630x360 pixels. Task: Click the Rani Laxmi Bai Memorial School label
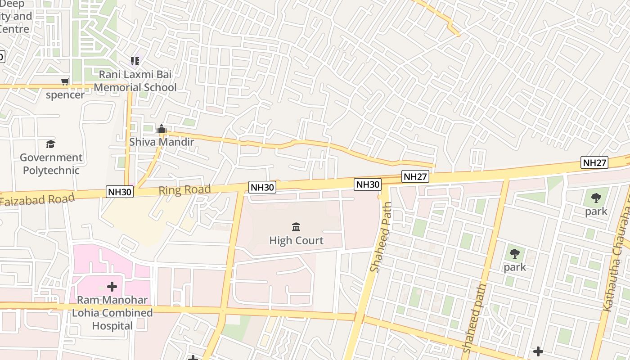(135, 81)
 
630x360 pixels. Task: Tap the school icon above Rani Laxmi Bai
(135, 61)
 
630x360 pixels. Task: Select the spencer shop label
(65, 95)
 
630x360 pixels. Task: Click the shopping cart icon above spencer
(65, 81)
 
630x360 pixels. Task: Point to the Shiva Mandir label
(162, 142)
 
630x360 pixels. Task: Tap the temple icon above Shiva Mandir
(161, 130)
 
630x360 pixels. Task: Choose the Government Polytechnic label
(51, 164)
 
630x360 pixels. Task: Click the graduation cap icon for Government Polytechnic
(50, 144)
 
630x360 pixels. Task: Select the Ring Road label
(184, 190)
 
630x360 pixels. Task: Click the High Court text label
(296, 240)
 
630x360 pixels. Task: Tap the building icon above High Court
(296, 227)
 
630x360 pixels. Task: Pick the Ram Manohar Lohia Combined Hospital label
(112, 313)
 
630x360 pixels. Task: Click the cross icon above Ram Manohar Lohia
(112, 286)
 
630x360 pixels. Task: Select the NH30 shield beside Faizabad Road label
(120, 192)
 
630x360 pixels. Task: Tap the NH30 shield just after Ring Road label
(262, 187)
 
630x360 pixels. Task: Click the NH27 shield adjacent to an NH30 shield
(415, 177)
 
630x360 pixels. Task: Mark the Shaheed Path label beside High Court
(381, 237)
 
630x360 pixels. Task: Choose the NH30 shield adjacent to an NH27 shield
(368, 184)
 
